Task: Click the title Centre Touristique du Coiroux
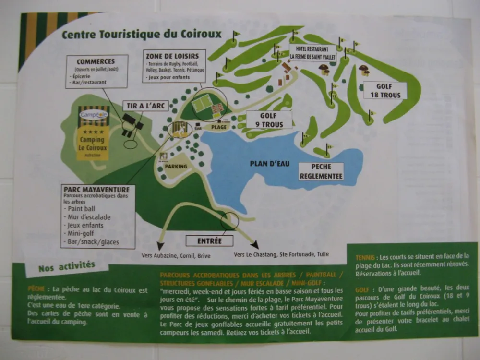click(x=141, y=35)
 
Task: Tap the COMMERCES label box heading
click(x=96, y=62)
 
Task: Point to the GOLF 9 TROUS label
click(x=269, y=120)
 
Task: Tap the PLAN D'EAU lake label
click(x=270, y=164)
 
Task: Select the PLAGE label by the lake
click(x=218, y=127)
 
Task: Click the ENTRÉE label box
click(x=209, y=241)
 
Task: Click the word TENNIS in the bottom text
click(x=365, y=257)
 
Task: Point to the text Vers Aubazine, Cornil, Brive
click(x=176, y=256)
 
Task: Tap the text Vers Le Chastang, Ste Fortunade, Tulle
click(x=281, y=254)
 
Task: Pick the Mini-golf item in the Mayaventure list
click(x=78, y=233)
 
